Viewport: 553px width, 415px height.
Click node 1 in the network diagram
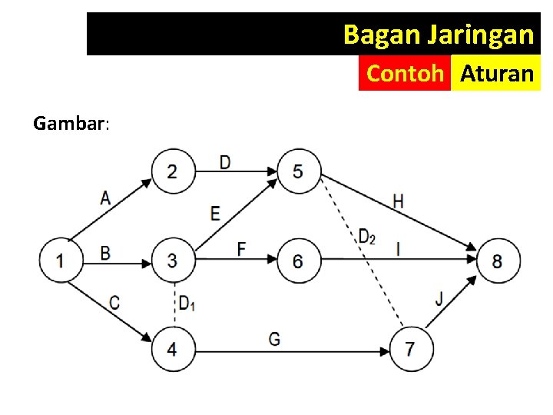[59, 260]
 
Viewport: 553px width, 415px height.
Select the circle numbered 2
[171, 171]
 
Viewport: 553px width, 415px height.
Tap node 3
[171, 260]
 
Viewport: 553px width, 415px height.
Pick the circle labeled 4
[171, 349]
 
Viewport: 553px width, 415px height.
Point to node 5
[297, 171]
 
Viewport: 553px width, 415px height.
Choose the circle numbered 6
[297, 260]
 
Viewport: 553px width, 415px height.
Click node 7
[409, 349]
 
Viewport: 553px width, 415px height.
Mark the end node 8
[497, 260]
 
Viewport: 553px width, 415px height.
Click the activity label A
[105, 198]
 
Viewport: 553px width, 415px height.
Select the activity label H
[398, 201]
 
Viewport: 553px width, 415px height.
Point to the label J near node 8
[439, 298]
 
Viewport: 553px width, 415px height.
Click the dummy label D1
[187, 304]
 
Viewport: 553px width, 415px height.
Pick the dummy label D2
[366, 237]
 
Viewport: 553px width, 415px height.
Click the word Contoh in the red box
[405, 74]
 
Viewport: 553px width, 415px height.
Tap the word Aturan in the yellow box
[496, 74]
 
